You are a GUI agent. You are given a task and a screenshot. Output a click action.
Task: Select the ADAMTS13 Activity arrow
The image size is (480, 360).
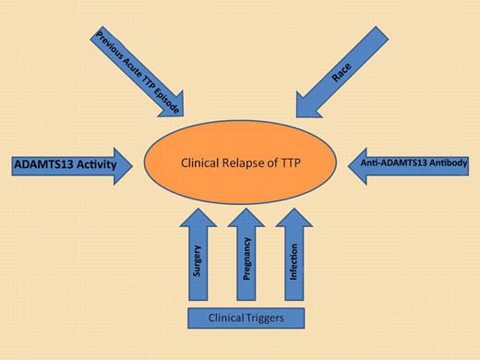click(65, 165)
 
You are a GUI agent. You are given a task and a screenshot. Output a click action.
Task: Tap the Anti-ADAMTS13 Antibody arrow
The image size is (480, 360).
click(411, 165)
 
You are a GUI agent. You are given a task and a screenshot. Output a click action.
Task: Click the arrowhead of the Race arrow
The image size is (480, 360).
click(308, 104)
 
